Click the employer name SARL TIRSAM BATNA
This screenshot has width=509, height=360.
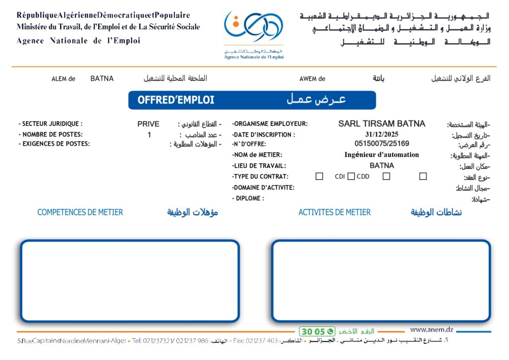382,124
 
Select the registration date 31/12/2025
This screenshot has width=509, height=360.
382,134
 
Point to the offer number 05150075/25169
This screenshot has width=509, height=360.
382,144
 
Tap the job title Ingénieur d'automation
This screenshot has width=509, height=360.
382,155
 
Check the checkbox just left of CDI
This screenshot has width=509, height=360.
320,176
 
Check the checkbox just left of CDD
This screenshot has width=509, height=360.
351,176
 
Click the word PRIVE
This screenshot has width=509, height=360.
149,124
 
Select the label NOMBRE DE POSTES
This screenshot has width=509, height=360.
50,134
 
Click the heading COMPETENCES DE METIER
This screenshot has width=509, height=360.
80,212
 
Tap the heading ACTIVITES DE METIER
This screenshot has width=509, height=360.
335,212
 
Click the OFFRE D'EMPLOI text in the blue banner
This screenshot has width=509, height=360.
176,100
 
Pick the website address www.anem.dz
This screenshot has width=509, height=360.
431,329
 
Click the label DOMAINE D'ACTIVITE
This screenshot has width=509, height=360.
263,188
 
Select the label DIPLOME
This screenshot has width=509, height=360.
248,198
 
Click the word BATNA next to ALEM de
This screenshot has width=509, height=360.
102,79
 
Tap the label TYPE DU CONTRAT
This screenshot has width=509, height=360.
260,177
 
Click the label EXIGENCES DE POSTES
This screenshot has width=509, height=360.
54,144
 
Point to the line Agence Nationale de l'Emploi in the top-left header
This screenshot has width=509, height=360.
78,41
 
